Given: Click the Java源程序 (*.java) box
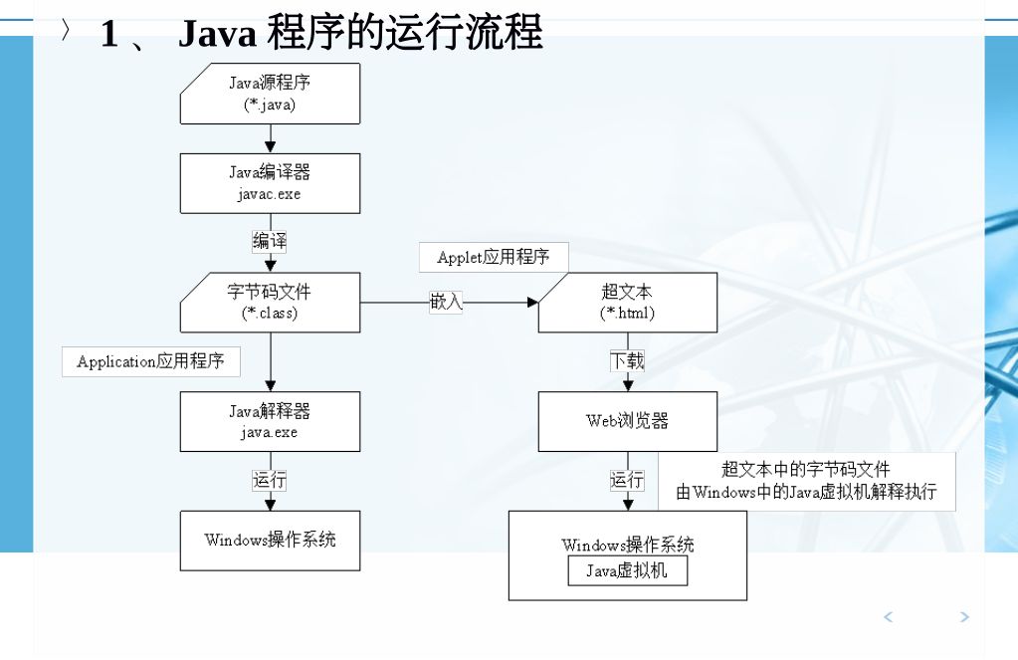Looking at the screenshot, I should (x=270, y=94).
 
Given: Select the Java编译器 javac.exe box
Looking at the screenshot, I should (x=270, y=183).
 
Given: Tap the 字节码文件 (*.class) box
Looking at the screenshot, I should (x=270, y=303).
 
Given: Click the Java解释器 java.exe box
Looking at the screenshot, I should (x=270, y=421).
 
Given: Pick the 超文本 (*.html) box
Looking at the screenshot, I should (x=627, y=303).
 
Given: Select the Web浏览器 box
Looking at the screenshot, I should (x=627, y=421).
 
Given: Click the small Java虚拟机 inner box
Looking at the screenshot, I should (x=627, y=570).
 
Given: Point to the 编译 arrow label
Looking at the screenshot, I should (x=270, y=241).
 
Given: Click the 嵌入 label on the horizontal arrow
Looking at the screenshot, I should (x=446, y=302).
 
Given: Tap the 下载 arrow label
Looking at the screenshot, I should (x=627, y=360).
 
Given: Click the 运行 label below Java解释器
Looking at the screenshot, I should (x=270, y=480).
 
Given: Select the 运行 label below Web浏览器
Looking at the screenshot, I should (x=627, y=480).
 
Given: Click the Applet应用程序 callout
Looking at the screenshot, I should (x=494, y=257).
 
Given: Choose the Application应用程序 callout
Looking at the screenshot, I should (x=151, y=361).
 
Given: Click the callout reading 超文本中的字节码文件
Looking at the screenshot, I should (x=806, y=481).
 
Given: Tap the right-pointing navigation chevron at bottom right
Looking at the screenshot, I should (x=963, y=617).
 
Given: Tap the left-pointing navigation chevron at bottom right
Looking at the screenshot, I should (x=889, y=617).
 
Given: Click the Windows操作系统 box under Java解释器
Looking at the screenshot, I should (x=270, y=541).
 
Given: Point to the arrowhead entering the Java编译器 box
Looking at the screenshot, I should (x=270, y=147).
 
